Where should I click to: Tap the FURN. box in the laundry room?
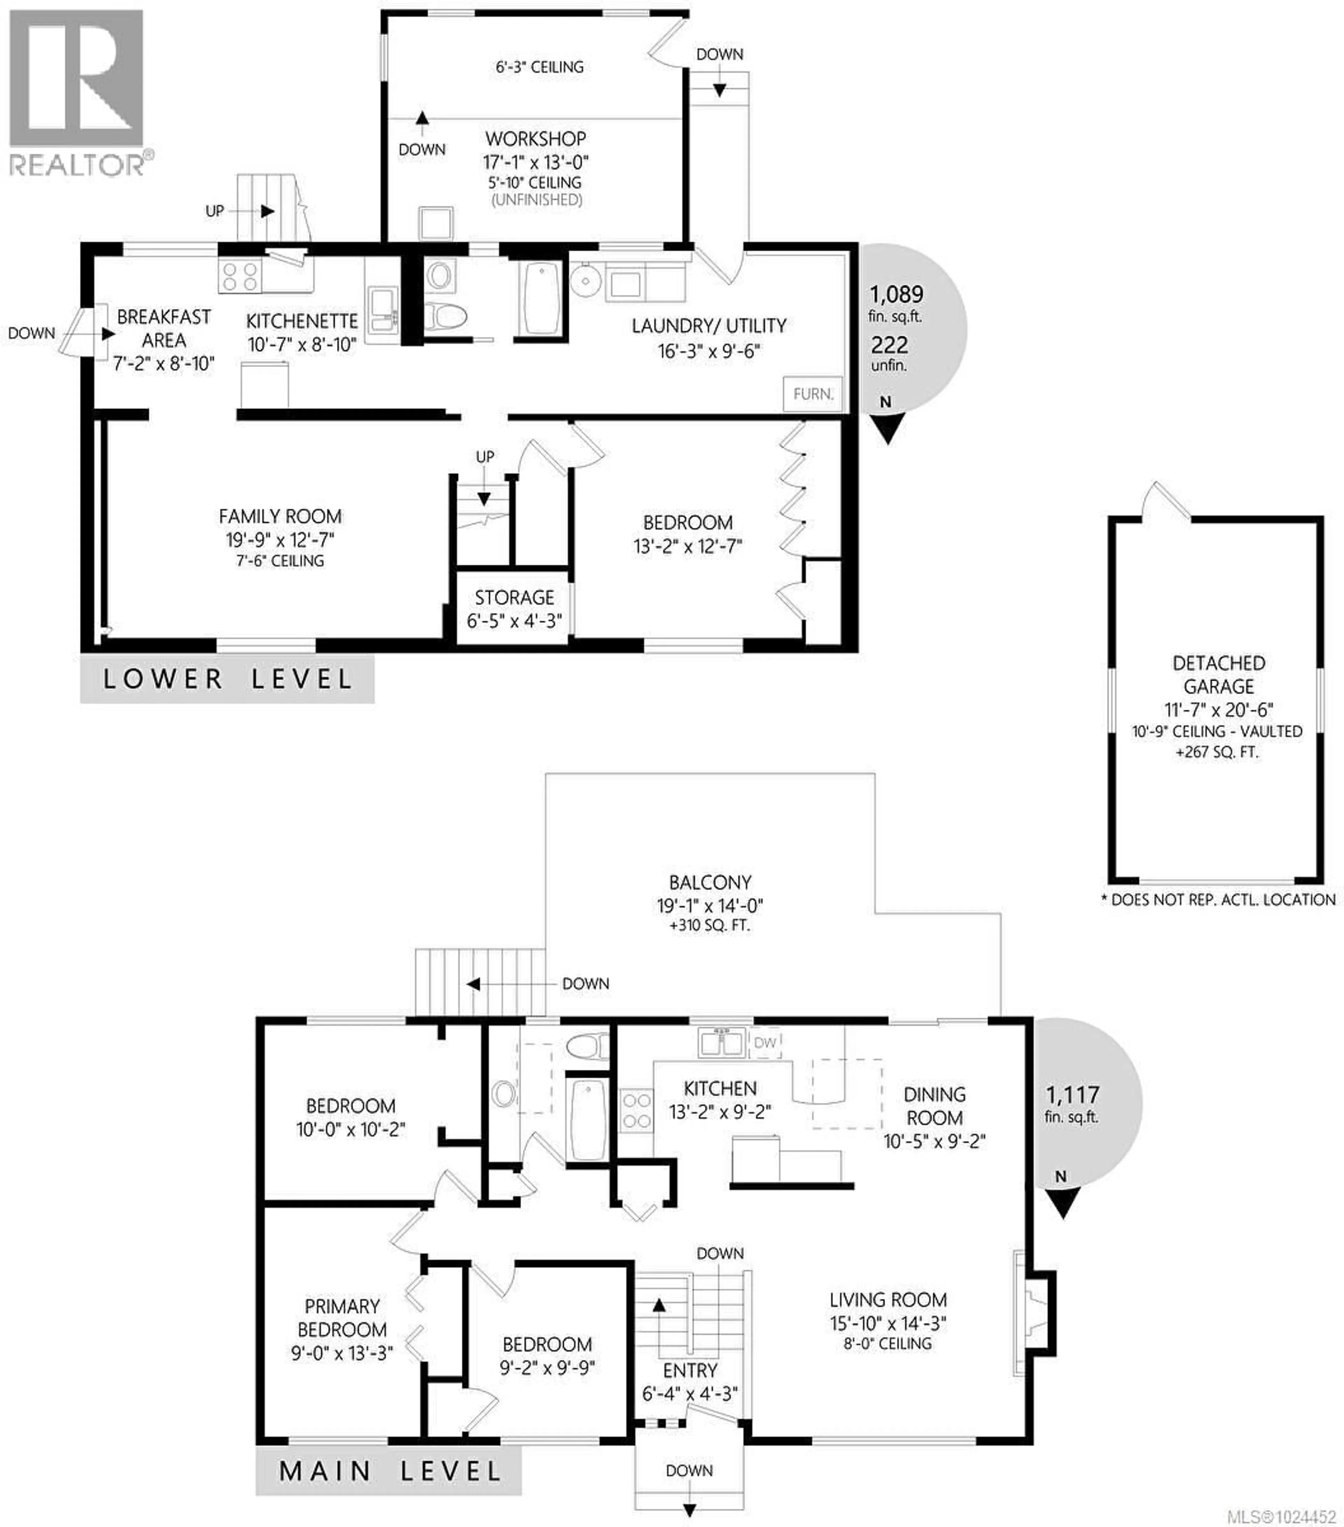point(812,394)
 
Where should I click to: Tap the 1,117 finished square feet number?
point(1072,1095)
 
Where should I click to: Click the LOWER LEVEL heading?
point(227,679)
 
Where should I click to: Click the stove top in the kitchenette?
point(240,275)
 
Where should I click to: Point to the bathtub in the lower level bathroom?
point(539,297)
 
